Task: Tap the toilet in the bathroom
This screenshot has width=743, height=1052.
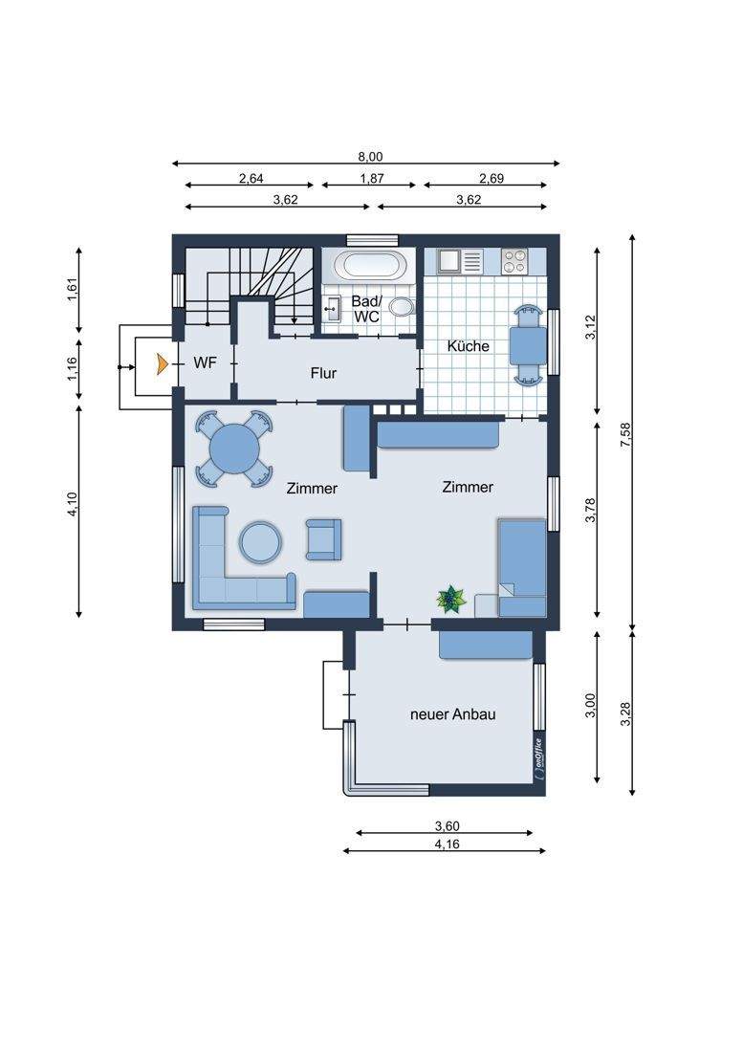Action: pos(401,307)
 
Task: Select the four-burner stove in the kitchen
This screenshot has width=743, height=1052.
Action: pos(514,261)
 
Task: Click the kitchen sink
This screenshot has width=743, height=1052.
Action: pos(460,261)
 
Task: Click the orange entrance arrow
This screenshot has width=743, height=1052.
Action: pos(161,364)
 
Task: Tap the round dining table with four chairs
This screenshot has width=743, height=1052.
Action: pos(234,449)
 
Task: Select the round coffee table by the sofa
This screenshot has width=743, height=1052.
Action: pos(261,542)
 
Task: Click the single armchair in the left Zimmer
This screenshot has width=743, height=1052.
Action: pos(323,539)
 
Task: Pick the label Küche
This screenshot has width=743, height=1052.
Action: pos(468,346)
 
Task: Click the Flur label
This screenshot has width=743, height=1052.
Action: pos(323,373)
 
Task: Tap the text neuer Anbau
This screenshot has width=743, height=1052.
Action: pos(452,714)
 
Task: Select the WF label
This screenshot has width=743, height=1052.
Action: pos(206,363)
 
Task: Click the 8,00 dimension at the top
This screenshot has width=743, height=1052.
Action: pos(369,157)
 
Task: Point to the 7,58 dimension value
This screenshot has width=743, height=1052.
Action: pos(626,435)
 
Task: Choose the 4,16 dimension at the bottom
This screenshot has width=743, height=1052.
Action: pos(447,844)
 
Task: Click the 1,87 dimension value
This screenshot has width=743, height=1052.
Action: pos(371,179)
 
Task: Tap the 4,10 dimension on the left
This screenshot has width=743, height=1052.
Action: pos(73,505)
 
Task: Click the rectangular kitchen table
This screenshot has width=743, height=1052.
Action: pos(528,345)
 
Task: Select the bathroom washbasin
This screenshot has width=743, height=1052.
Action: pos(331,309)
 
